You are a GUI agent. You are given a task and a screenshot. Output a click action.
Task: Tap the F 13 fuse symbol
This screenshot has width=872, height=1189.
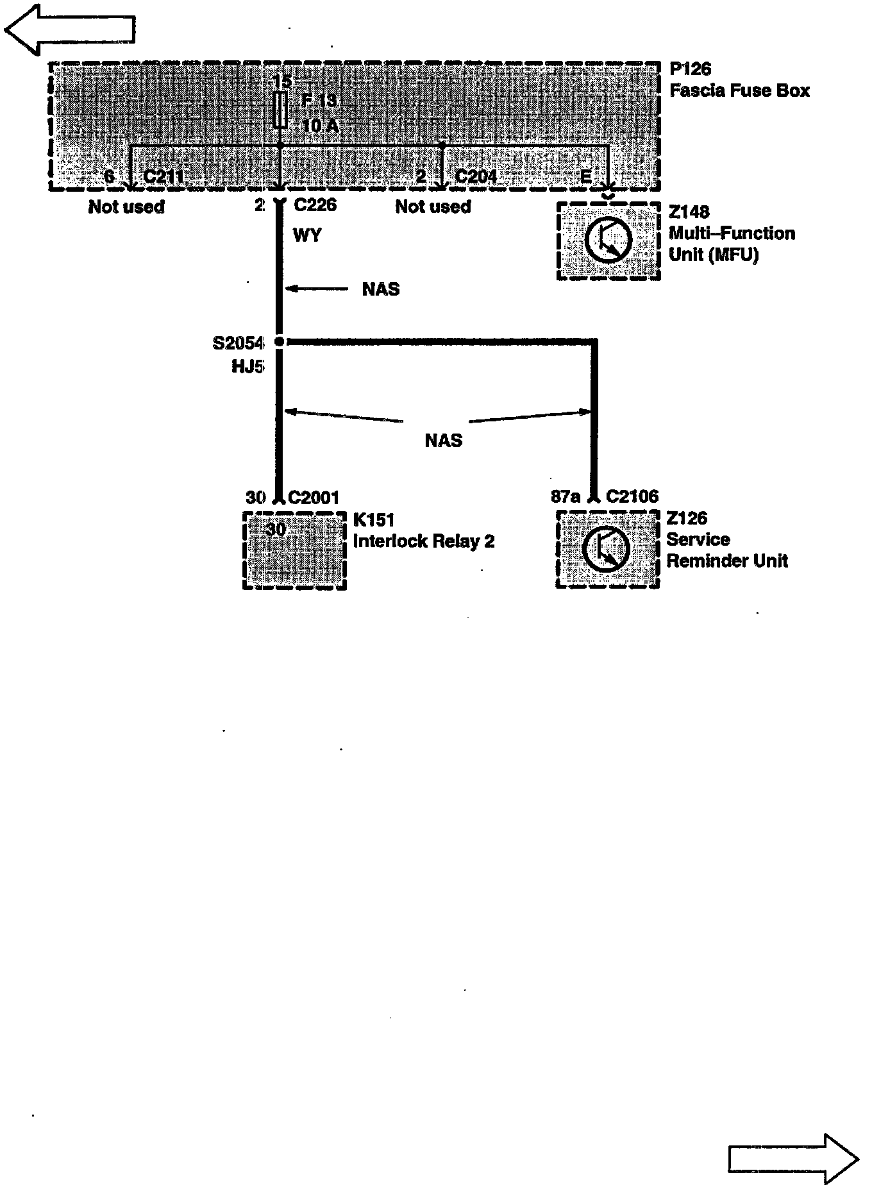pos(280,110)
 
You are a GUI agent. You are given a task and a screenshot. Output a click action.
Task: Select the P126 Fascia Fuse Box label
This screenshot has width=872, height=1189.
pos(739,80)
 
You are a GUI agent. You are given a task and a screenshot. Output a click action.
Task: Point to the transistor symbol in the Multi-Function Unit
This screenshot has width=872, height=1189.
pos(608,240)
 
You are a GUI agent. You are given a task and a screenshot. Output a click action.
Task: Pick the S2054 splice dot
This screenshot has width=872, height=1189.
pos(279,342)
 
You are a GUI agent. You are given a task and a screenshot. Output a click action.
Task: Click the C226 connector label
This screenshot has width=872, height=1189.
pos(315,205)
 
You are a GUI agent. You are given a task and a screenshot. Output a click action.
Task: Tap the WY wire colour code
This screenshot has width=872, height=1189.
pos(307,235)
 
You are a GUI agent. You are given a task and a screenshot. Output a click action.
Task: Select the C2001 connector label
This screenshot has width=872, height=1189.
pos(314,498)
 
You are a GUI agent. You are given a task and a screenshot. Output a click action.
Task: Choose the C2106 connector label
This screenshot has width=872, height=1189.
pos(632,496)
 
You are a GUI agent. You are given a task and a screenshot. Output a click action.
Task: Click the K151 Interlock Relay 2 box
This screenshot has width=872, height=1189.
pos(295,550)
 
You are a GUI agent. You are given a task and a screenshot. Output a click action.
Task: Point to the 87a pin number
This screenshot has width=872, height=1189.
pos(565,496)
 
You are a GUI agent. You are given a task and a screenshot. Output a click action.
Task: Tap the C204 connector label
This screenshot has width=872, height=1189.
pos(475,176)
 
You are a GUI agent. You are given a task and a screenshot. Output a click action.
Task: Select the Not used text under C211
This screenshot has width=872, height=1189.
pos(126,207)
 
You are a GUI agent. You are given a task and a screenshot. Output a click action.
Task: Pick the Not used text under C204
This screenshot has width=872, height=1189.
pos(433,207)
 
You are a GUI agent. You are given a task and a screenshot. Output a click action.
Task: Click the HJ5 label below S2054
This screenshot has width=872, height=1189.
pos(247,367)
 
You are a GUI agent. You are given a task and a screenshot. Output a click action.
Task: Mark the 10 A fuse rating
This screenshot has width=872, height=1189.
pos(320,126)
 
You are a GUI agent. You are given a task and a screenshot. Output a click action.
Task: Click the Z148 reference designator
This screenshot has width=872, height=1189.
pos(689,212)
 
